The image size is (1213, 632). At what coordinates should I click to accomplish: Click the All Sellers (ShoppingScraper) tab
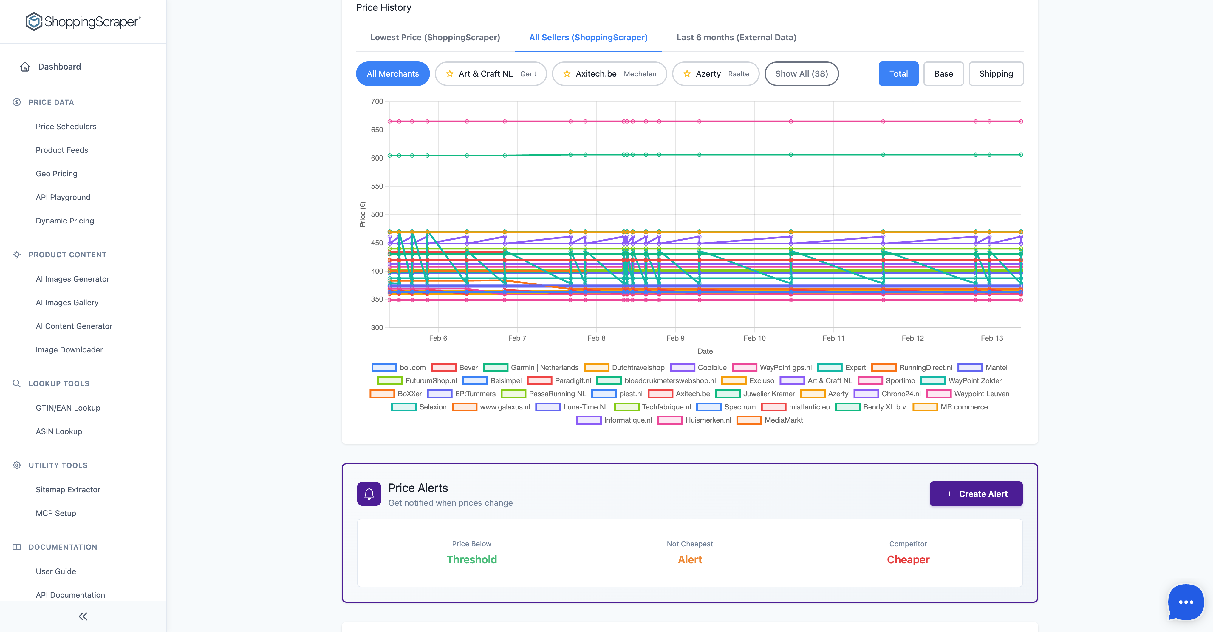pos(588,37)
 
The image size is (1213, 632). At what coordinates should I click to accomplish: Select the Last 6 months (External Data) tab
pos(736,37)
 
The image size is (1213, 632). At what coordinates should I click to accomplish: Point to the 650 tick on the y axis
pos(377,130)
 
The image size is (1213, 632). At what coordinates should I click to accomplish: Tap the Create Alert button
pos(976,494)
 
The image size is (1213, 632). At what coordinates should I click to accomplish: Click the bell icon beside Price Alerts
pos(369,494)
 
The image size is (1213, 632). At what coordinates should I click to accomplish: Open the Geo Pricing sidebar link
pos(57,173)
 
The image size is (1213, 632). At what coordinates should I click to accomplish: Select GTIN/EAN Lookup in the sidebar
pos(68,408)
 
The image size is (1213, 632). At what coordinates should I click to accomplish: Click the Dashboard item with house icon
pos(59,67)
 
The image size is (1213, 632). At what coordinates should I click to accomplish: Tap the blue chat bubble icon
pos(1185,602)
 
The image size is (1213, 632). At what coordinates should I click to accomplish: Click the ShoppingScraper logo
pos(83,22)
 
